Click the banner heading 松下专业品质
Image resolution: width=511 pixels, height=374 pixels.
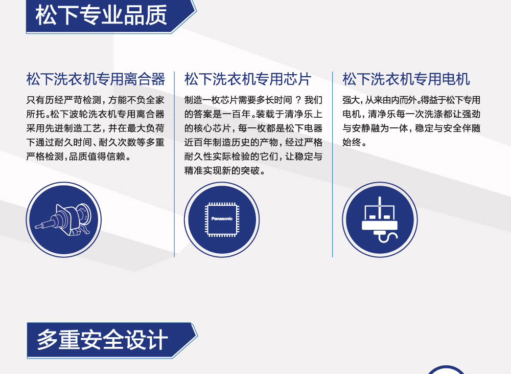click(x=101, y=15)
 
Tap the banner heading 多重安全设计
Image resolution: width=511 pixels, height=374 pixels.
click(x=102, y=340)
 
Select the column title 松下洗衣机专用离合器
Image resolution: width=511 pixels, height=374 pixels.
click(x=96, y=79)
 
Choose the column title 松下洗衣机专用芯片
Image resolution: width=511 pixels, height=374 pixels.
click(x=248, y=79)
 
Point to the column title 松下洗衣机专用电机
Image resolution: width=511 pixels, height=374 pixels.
click(x=406, y=79)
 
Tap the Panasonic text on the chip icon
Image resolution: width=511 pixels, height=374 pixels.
click(x=222, y=218)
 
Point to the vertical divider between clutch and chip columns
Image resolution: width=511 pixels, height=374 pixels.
click(x=174, y=164)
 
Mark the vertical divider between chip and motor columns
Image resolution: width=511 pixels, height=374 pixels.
click(x=333, y=164)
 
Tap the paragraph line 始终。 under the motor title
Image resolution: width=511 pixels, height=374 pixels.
click(x=355, y=142)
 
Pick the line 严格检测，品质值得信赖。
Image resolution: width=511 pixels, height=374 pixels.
click(x=79, y=157)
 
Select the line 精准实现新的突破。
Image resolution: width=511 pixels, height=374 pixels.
click(x=225, y=171)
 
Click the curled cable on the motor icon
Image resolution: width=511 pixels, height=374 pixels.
click(x=388, y=237)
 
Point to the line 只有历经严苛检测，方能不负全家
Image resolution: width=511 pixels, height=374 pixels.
click(x=95, y=100)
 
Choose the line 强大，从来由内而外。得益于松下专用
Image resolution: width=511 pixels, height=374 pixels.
click(x=411, y=100)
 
